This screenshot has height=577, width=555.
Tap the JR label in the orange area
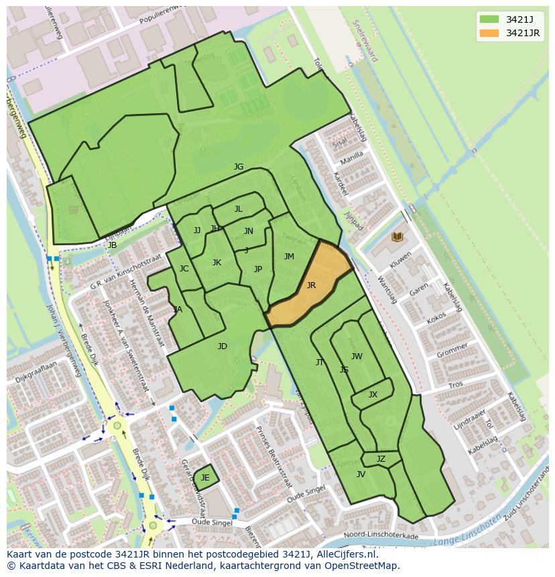tap(311, 285)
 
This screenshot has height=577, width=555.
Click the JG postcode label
tap(238, 167)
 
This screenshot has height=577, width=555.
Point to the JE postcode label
tap(205, 478)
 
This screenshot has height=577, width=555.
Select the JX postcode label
tap(373, 395)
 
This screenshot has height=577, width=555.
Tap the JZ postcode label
tap(381, 459)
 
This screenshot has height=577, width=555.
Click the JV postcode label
tap(361, 474)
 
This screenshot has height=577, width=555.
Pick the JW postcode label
tap(357, 357)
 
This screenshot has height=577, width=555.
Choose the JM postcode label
tap(289, 257)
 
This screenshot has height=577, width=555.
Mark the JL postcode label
tap(238, 209)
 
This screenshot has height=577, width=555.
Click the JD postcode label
tap(223, 346)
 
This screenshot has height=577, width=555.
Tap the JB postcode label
tap(112, 245)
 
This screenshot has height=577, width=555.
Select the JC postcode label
tap(184, 269)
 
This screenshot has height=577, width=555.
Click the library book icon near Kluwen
tap(397, 237)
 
